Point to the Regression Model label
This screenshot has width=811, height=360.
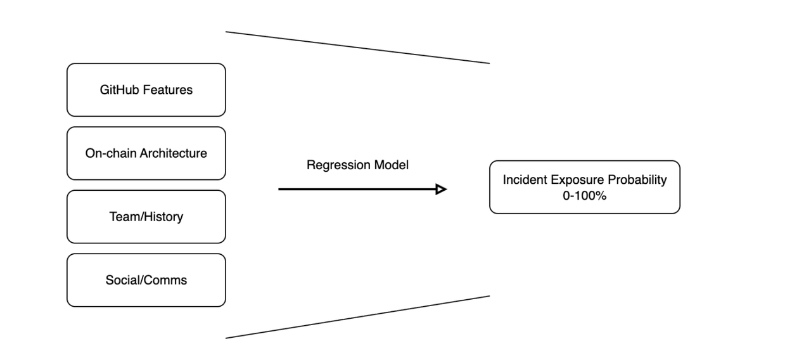tap(357, 165)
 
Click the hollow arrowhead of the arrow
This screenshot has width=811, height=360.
tap(442, 189)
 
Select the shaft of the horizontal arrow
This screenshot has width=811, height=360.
tap(355, 189)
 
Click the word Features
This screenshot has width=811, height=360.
tap(168, 90)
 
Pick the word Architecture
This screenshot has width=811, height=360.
tap(174, 153)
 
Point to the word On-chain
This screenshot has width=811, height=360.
tap(112, 153)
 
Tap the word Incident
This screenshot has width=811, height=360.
tap(523, 180)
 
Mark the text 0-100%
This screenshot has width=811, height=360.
tap(584, 196)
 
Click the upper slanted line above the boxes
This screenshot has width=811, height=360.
tap(357, 48)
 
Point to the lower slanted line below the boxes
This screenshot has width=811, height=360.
tap(357, 317)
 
